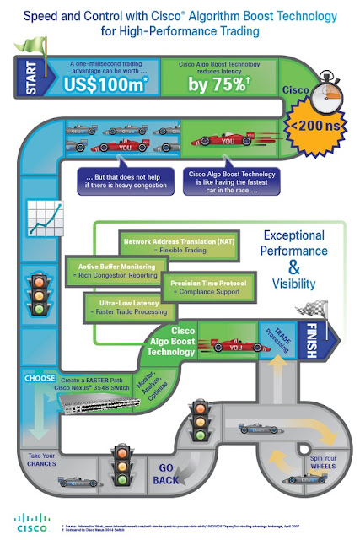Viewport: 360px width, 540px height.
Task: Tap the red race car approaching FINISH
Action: tap(220, 345)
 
